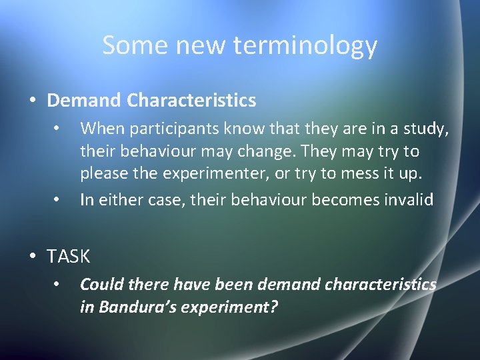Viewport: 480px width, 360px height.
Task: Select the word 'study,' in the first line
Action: point(427,127)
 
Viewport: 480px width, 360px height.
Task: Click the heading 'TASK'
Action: point(69,255)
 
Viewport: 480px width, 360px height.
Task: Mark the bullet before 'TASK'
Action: point(33,255)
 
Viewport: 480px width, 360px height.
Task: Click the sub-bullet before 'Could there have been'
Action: point(58,284)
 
